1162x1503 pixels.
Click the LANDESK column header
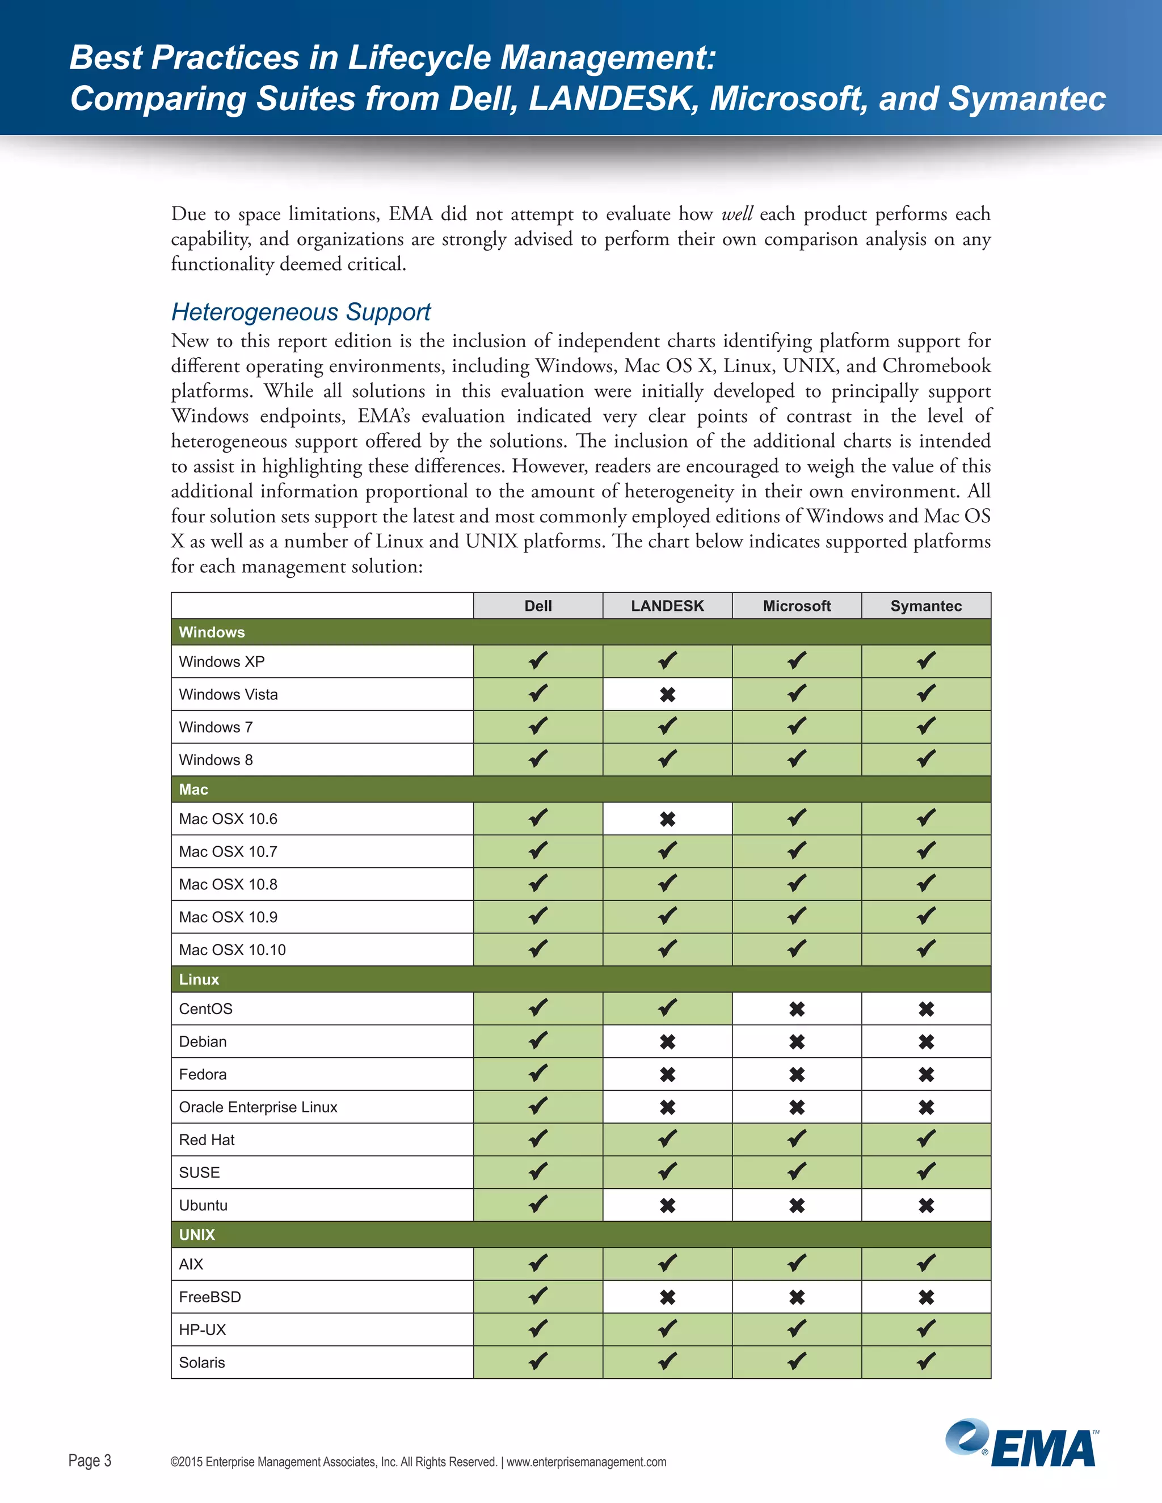[667, 606]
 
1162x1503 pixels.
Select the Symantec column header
[926, 606]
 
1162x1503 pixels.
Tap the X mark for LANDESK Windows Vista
[667, 694]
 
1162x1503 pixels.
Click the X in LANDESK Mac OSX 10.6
[667, 819]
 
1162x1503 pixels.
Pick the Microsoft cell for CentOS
[797, 1009]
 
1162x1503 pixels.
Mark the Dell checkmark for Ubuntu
[538, 1204]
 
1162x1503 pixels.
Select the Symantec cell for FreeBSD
[926, 1297]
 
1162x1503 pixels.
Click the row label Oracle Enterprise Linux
[258, 1107]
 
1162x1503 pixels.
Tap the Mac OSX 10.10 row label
[232, 949]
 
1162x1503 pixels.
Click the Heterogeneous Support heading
[301, 312]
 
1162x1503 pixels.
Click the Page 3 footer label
[90, 1460]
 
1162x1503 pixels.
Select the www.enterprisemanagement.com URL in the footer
[587, 1462]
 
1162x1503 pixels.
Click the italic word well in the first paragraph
[736, 214]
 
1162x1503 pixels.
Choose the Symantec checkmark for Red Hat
[926, 1139]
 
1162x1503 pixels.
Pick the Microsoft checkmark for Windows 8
[797, 759]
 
